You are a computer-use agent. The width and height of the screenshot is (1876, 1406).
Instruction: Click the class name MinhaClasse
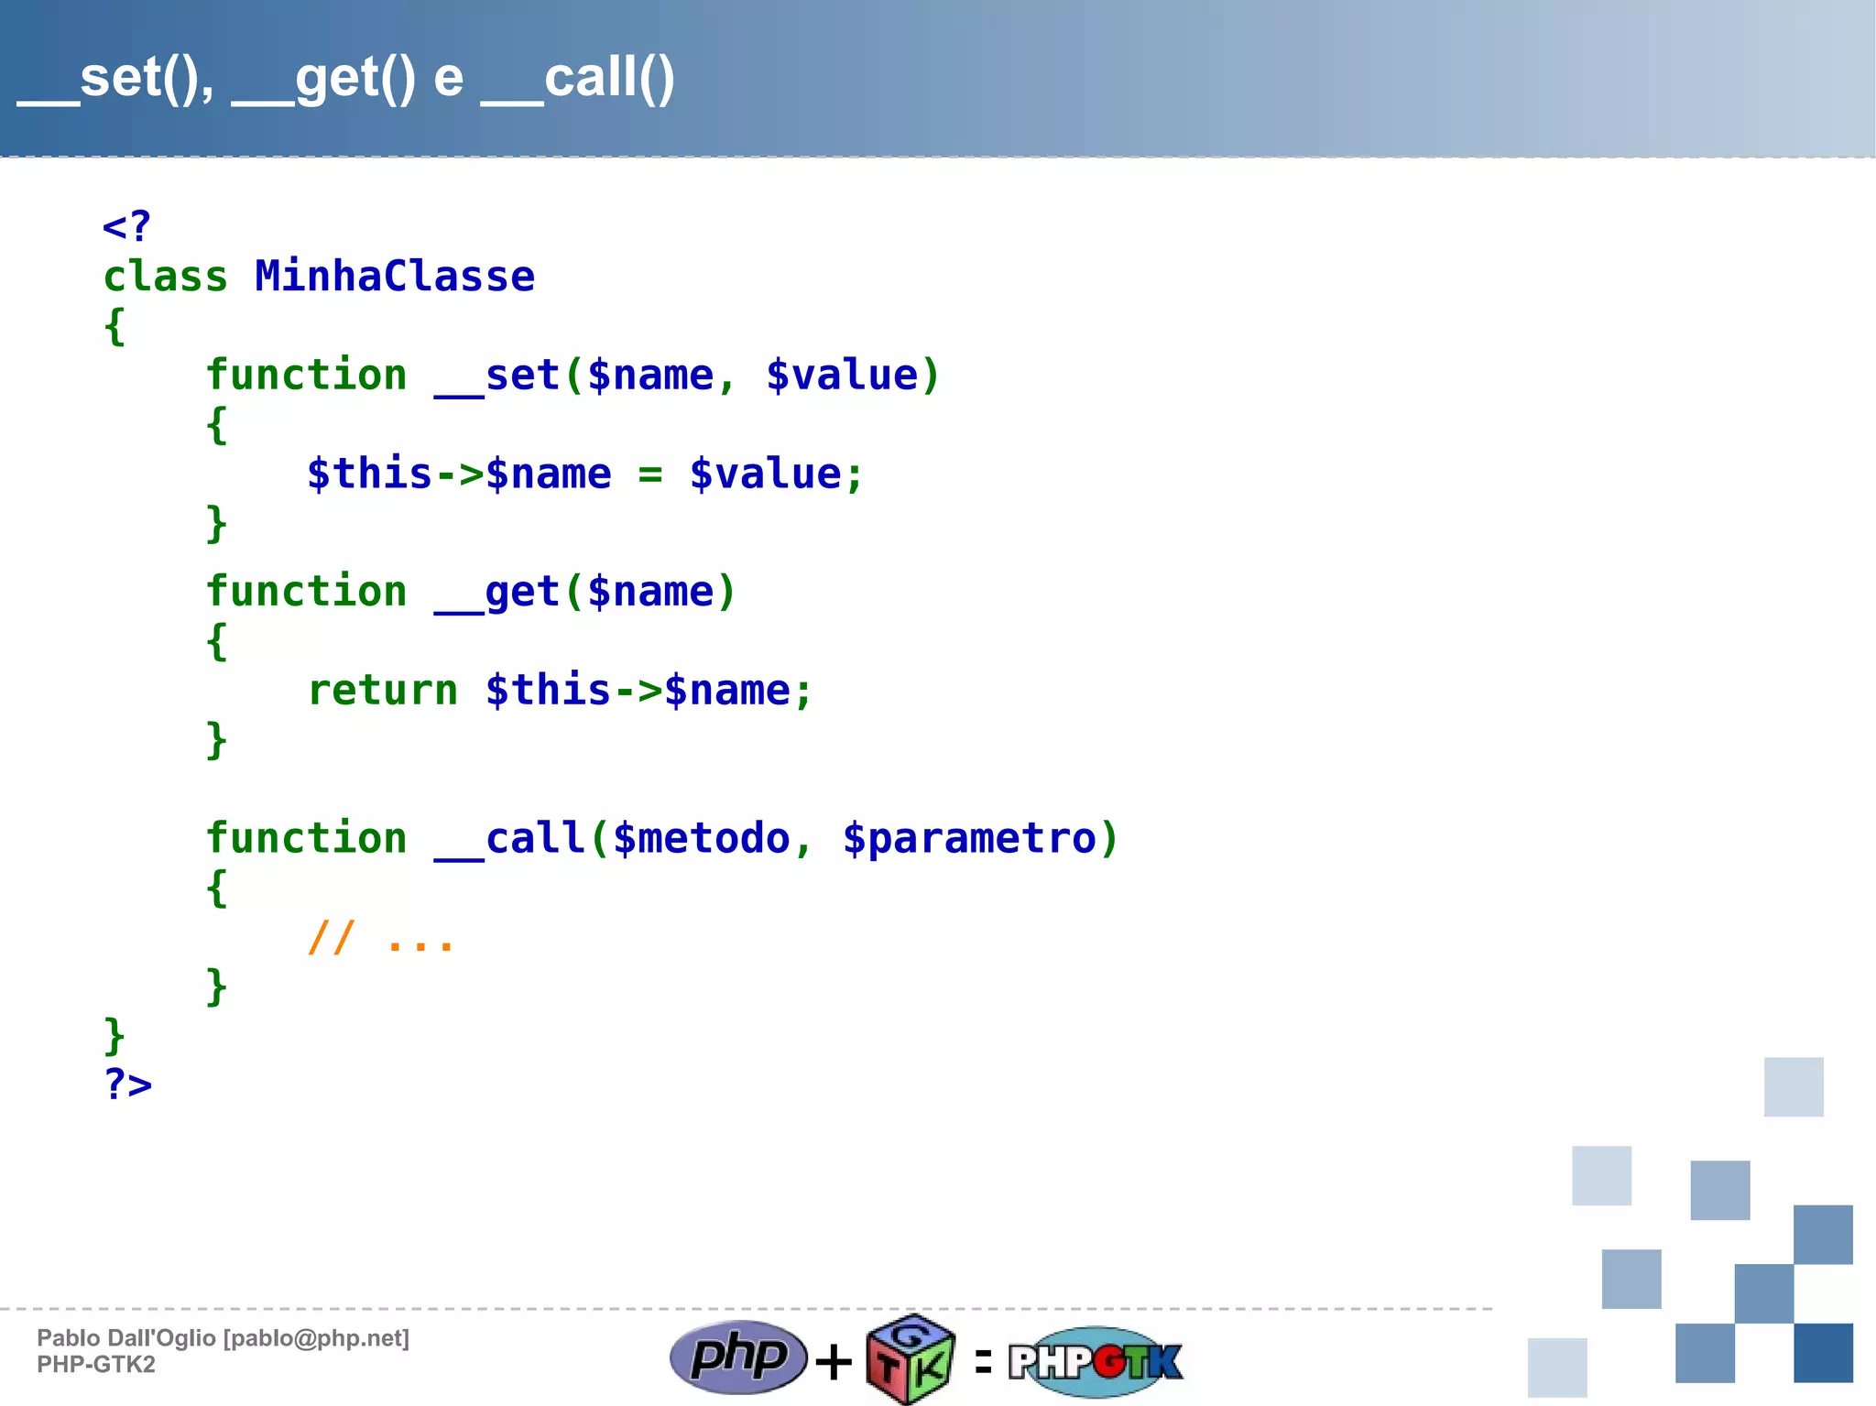(x=395, y=277)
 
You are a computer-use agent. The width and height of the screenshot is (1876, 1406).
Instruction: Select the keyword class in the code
(x=165, y=277)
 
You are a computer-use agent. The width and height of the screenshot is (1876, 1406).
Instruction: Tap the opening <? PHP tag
(x=126, y=226)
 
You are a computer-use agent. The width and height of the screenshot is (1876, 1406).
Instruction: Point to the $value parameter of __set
(x=842, y=376)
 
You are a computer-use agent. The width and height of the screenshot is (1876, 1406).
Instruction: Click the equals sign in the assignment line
(x=649, y=474)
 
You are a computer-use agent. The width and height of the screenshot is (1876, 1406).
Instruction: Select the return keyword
(x=383, y=691)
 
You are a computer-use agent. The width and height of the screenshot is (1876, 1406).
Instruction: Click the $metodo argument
(x=701, y=839)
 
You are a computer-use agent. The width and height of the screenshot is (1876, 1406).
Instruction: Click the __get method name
(x=496, y=593)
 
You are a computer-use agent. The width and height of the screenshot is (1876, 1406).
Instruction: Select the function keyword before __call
(x=306, y=839)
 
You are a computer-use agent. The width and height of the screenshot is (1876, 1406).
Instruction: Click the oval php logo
(x=738, y=1357)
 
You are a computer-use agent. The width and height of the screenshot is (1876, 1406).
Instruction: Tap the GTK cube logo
(x=911, y=1359)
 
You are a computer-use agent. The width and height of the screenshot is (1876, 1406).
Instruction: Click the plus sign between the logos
(x=834, y=1362)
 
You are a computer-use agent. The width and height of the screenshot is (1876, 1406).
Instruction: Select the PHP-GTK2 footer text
(x=96, y=1365)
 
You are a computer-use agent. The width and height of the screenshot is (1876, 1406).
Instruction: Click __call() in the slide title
(x=578, y=79)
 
